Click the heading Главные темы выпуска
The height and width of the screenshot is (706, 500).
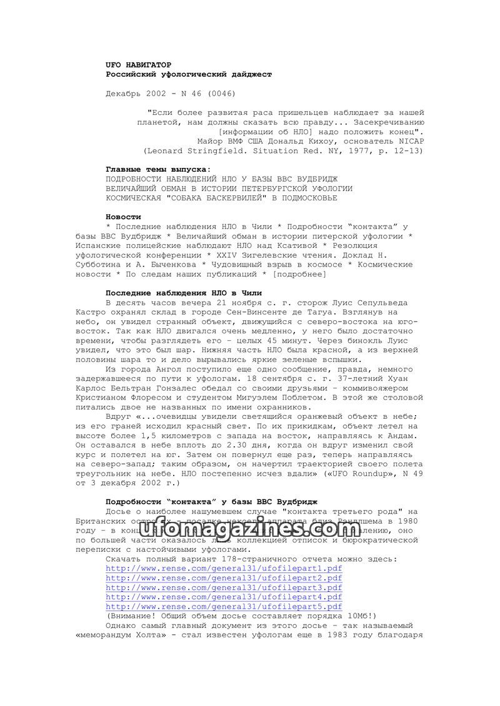click(158, 170)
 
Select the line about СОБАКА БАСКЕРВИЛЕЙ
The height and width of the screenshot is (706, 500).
click(221, 198)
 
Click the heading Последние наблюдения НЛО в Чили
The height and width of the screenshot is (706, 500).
click(183, 293)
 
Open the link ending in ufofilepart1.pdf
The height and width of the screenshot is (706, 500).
click(224, 568)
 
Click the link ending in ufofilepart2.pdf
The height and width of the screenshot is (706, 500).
click(224, 577)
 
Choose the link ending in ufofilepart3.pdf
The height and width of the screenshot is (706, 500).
click(224, 587)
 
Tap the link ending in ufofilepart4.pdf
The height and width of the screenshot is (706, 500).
click(224, 597)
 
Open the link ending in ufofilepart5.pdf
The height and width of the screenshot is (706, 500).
click(224, 606)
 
